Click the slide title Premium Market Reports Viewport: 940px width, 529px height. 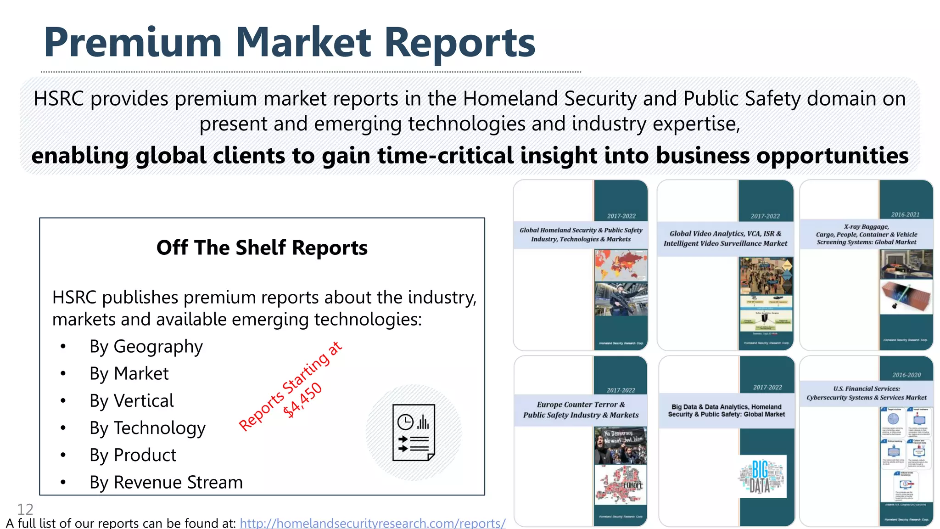tap(289, 42)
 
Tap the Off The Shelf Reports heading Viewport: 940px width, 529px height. tap(262, 248)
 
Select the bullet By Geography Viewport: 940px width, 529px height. tap(146, 347)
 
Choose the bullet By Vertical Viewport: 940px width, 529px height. tap(131, 401)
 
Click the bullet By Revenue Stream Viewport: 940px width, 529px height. tap(166, 482)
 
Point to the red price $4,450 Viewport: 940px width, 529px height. tap(302, 400)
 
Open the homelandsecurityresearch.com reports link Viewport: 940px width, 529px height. tap(372, 523)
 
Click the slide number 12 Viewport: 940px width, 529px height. tap(25, 509)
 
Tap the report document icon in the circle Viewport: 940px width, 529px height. tap(414, 433)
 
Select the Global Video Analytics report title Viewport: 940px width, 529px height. tap(725, 238)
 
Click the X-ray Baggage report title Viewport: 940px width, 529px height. tap(866, 234)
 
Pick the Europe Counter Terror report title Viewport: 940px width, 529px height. tap(581, 410)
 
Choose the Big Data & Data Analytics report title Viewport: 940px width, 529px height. tap(726, 410)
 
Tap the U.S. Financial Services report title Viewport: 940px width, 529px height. tap(866, 393)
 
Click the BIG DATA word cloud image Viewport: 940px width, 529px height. tap(761, 476)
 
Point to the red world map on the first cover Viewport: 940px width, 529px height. tap(621, 265)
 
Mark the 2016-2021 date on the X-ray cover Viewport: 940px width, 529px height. tap(905, 214)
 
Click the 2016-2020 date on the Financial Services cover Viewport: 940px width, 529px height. tap(906, 375)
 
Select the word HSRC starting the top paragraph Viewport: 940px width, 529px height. tap(59, 99)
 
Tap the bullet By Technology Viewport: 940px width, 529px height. tap(147, 428)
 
